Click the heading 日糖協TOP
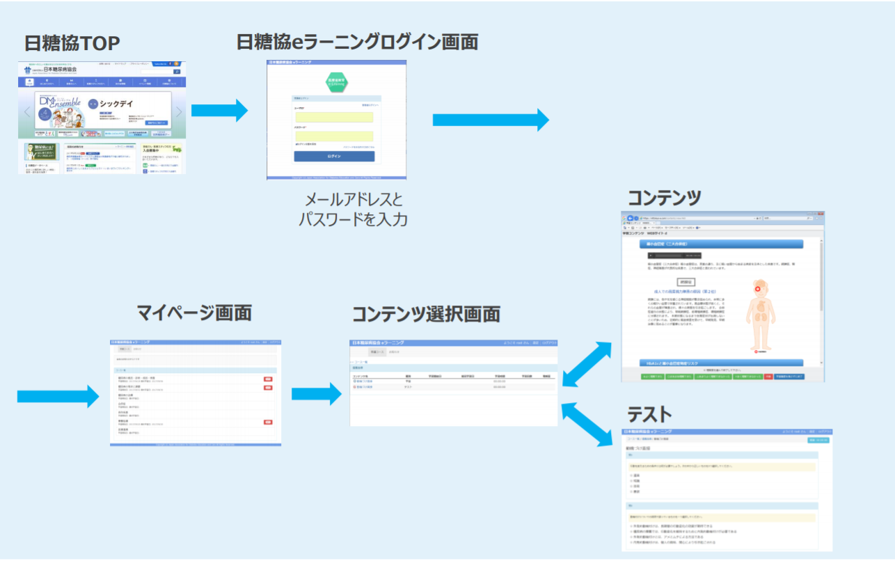click(x=72, y=43)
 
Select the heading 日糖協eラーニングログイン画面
click(x=357, y=42)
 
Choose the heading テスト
click(x=649, y=415)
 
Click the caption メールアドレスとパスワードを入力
click(x=353, y=210)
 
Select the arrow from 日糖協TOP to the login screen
click(x=219, y=110)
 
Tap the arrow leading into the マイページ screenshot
click(x=58, y=396)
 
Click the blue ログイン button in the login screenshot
click(x=334, y=156)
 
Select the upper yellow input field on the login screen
click(x=334, y=118)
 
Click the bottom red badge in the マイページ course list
click(x=267, y=422)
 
